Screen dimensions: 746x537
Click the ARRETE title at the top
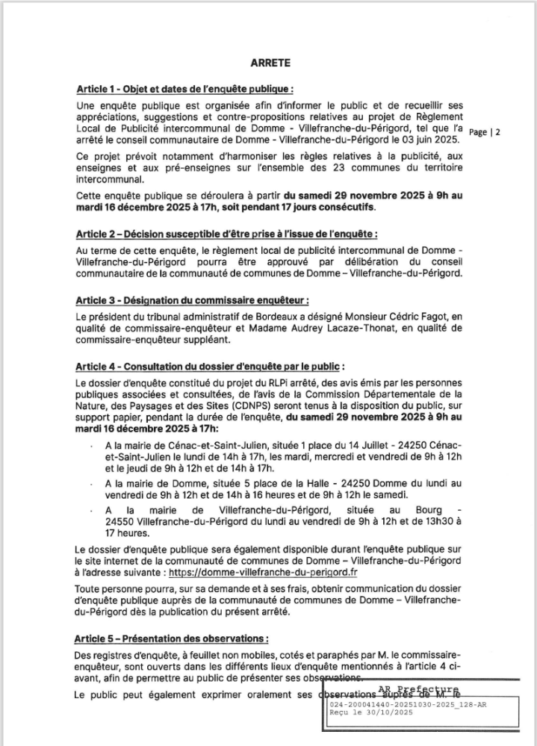point(269,64)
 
